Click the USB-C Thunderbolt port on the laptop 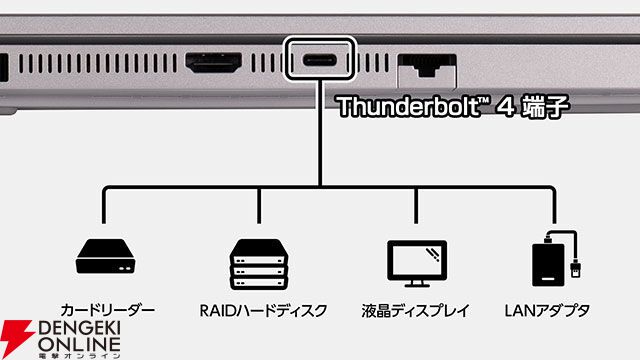tap(321, 60)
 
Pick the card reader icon tap(105, 260)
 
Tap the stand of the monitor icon tap(414, 277)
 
